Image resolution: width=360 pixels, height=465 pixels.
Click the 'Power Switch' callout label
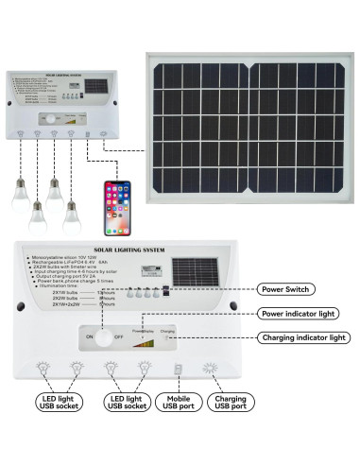288,289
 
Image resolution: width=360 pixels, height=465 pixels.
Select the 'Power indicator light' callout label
298,312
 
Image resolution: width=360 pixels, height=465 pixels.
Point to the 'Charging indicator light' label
304,337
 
